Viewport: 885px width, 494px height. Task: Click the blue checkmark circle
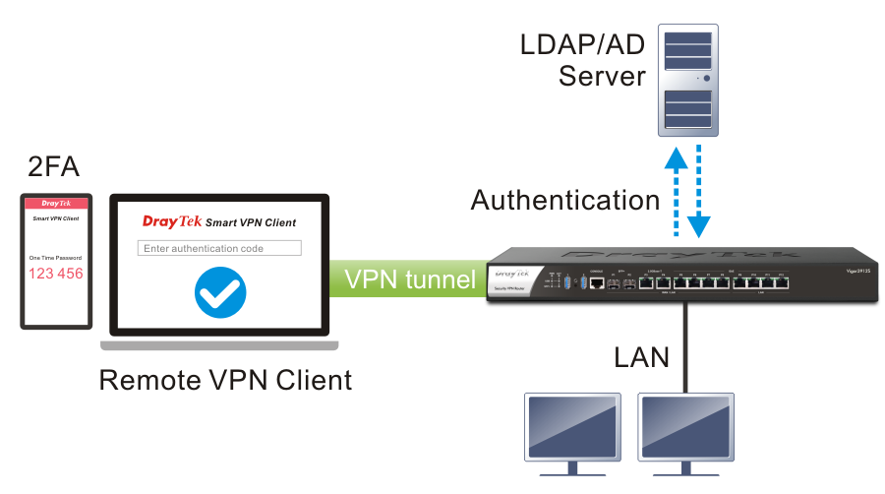[x=220, y=292]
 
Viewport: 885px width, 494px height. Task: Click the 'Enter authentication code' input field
[x=219, y=248]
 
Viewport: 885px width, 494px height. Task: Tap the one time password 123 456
[x=56, y=274]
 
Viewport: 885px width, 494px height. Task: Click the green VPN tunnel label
[x=409, y=279]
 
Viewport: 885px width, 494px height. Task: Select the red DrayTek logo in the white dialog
[x=172, y=221]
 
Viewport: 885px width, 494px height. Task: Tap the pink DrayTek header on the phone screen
[x=56, y=204]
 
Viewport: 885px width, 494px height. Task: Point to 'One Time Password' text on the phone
[x=56, y=258]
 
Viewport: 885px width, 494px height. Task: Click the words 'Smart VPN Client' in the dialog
[x=251, y=222]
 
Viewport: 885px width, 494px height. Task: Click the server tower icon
[x=687, y=81]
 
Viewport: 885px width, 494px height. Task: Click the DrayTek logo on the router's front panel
[x=511, y=275]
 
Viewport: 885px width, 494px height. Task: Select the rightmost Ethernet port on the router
[x=781, y=282]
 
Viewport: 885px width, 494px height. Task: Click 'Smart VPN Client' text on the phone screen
[x=56, y=218]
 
